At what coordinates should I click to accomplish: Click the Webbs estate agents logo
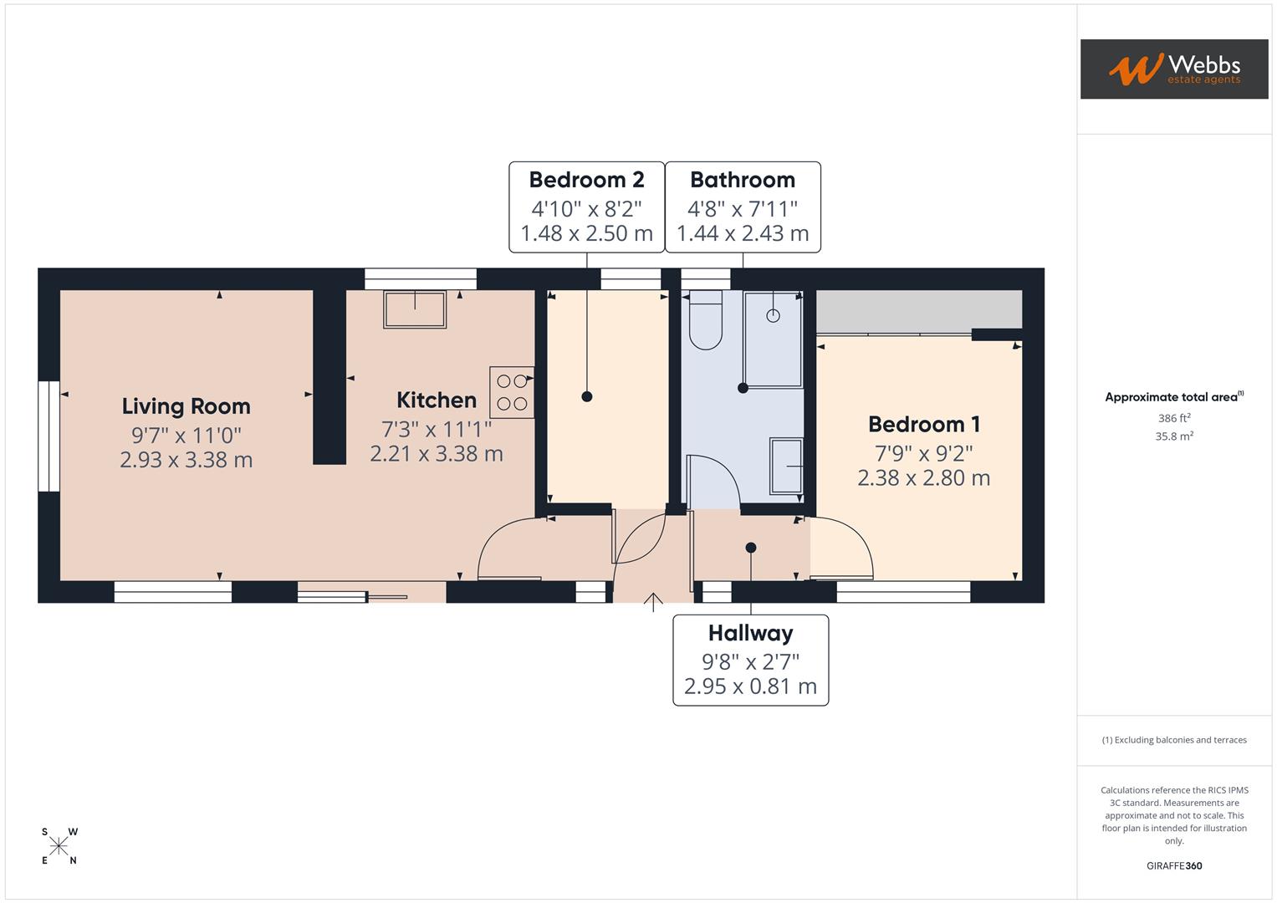point(1173,69)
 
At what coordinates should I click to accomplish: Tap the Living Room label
point(186,406)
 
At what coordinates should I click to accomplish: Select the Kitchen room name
point(436,400)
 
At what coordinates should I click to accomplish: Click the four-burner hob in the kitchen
point(512,392)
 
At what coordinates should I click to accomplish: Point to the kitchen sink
point(415,309)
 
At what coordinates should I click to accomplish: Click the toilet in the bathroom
point(706,322)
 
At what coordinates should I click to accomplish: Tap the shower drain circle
point(773,315)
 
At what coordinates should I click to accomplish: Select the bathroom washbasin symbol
point(785,466)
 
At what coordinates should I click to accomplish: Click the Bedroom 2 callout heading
point(586,180)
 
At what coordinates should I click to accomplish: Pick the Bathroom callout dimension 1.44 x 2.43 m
point(743,233)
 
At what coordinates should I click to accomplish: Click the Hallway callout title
point(750,633)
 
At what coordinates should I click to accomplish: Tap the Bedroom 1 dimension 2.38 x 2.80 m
point(923,478)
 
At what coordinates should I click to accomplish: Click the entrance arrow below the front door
point(653,602)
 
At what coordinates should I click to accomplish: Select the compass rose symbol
point(59,846)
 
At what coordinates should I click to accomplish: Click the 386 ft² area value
point(1173,418)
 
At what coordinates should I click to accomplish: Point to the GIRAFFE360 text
point(1173,865)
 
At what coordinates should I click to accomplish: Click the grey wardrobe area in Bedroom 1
point(918,310)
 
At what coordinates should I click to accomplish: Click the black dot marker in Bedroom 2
point(587,396)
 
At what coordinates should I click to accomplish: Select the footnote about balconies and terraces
point(1173,740)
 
